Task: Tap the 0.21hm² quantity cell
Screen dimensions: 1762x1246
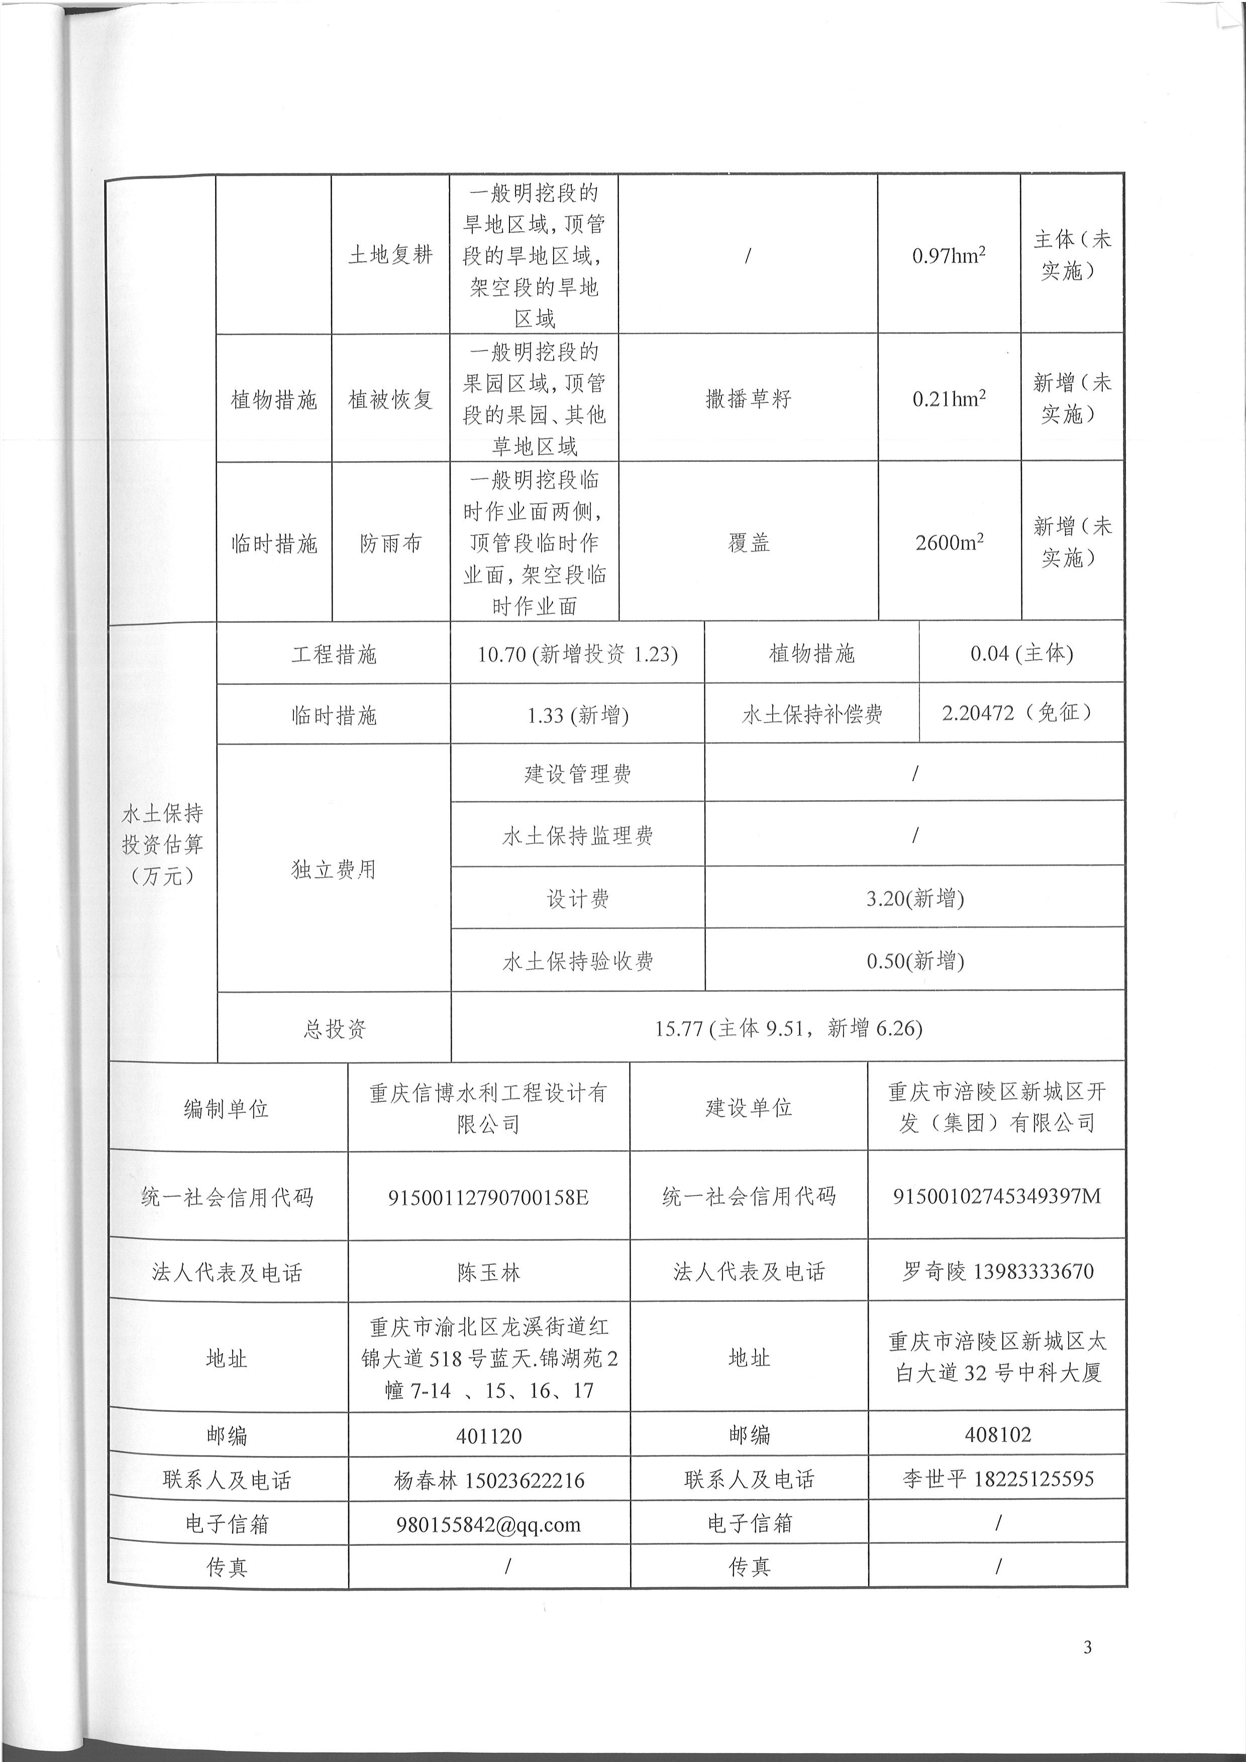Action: [x=949, y=398]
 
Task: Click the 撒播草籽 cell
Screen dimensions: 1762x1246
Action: [x=748, y=398]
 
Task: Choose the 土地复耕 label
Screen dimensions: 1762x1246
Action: [x=390, y=255]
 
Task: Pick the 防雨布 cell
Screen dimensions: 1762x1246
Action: [x=390, y=543]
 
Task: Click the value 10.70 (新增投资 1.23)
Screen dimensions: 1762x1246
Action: [x=577, y=654]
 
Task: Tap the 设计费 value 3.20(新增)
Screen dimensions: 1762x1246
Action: [x=914, y=898]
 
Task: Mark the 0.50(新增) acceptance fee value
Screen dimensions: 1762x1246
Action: [x=914, y=961]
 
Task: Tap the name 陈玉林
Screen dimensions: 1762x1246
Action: [x=489, y=1272]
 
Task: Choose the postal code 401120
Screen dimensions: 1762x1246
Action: [x=489, y=1436]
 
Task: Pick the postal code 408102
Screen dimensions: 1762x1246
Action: [x=997, y=1434]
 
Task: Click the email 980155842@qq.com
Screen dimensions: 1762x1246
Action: [x=489, y=1524]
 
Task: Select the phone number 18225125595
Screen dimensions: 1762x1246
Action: [x=1033, y=1479]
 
